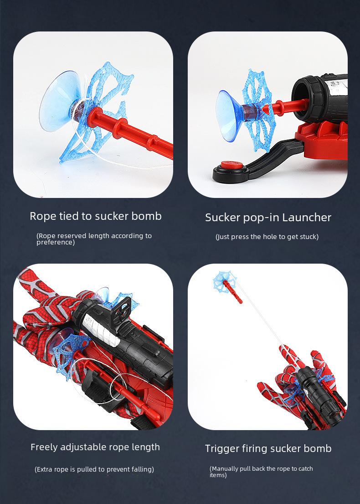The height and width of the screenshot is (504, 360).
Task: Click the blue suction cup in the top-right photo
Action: coord(229,116)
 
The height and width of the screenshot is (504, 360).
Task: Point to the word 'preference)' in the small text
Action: coord(56,242)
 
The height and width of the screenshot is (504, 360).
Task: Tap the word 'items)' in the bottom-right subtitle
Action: coord(218,475)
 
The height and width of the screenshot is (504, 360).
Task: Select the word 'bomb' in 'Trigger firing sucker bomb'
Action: coord(318,449)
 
